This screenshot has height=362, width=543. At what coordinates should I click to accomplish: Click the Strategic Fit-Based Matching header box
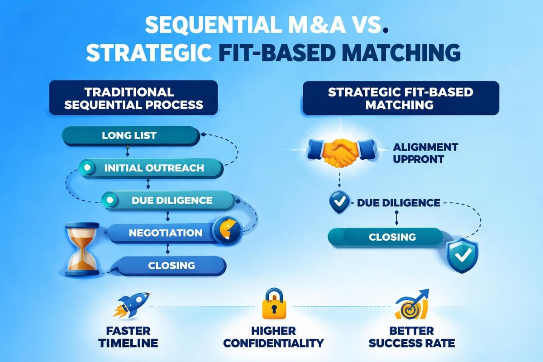point(400,98)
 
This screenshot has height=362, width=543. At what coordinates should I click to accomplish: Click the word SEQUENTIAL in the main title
point(195,27)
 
